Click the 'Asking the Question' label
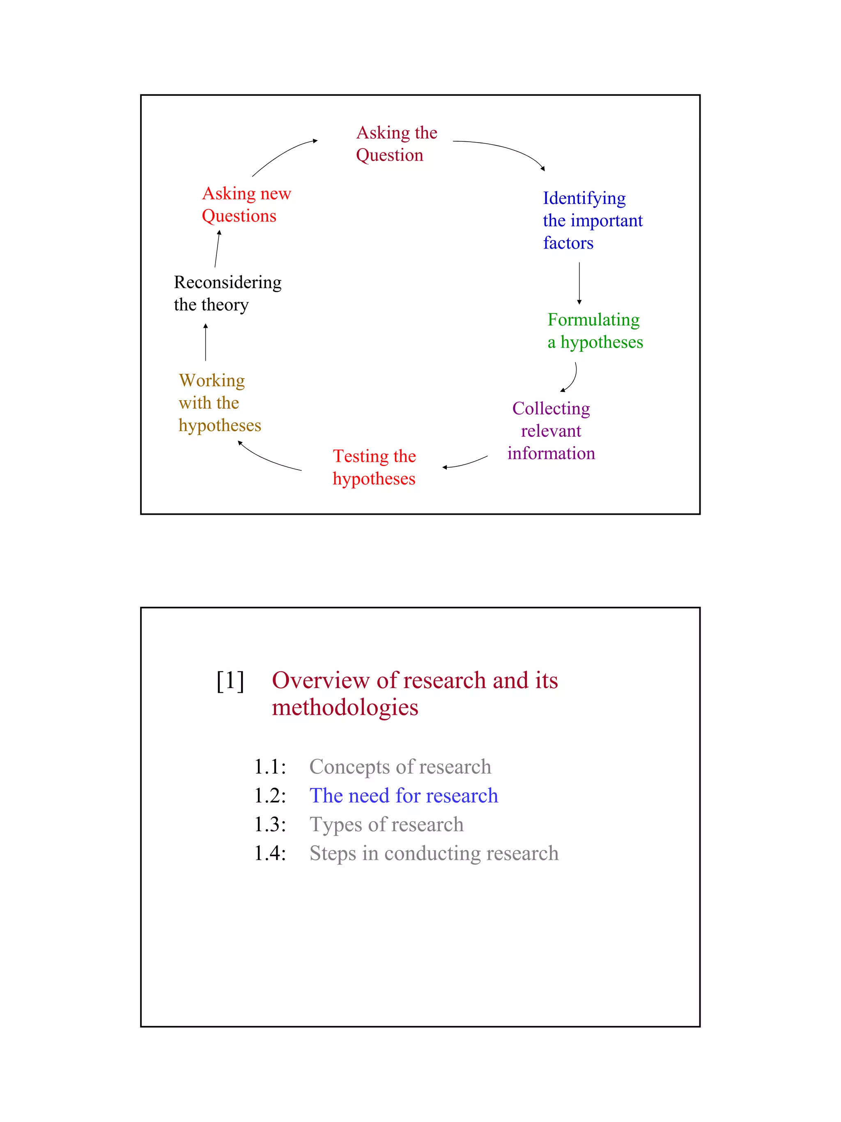click(x=396, y=143)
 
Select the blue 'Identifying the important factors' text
click(x=592, y=220)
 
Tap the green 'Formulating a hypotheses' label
click(x=595, y=331)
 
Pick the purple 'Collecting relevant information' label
click(x=551, y=431)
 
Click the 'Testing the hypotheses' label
click(x=374, y=467)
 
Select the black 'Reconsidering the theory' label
click(x=227, y=293)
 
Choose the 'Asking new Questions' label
click(x=246, y=205)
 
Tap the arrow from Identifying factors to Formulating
click(x=579, y=283)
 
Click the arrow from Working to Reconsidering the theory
click(x=205, y=342)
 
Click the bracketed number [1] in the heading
click(x=230, y=681)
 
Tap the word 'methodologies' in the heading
click(x=345, y=707)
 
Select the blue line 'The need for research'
click(x=404, y=795)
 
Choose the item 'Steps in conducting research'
click(x=434, y=853)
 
